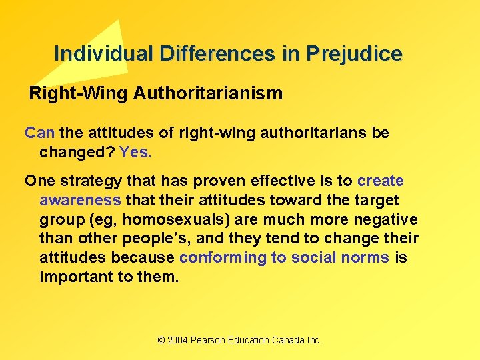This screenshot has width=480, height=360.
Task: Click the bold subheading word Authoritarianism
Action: pos(208,93)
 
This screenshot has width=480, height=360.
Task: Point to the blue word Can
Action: pos(39,133)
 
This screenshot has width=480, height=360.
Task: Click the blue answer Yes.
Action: pos(135,152)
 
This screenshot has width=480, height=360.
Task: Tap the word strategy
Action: pos(82,181)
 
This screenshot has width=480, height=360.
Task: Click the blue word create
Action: pos(381,181)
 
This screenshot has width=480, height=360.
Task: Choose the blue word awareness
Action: pos(80,200)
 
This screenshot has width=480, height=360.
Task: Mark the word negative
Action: pos(389,219)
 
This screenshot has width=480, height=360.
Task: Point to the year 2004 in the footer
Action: pos(177,340)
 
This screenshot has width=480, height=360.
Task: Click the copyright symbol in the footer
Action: pos(161,340)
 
